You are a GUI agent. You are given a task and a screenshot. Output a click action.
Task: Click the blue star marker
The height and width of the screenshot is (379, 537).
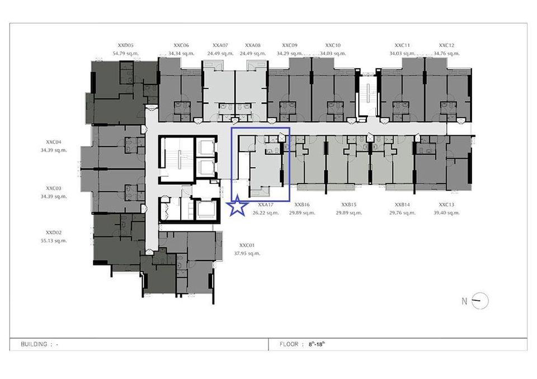(238, 206)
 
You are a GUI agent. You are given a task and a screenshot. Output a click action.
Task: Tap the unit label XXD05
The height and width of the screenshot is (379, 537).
(125, 45)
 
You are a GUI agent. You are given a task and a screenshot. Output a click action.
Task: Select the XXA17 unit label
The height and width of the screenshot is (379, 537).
(266, 205)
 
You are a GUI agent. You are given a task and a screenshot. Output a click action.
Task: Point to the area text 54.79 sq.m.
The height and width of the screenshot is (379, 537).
(125, 54)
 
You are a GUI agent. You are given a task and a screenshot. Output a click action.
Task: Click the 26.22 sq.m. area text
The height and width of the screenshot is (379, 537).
(266, 213)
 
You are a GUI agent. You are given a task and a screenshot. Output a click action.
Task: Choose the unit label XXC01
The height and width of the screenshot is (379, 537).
(247, 245)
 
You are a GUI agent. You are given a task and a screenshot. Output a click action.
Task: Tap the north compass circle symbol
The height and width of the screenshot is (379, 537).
(480, 301)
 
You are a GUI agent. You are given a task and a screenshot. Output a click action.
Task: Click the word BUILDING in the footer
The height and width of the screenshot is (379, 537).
(34, 344)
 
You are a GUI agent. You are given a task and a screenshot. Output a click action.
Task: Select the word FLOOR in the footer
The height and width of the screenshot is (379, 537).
(289, 344)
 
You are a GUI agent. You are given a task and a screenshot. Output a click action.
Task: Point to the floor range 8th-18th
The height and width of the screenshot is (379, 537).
(317, 344)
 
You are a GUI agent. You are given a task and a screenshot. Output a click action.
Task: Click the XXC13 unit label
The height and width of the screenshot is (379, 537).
(446, 205)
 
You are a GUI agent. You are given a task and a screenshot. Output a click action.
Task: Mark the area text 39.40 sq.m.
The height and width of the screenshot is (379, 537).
(446, 213)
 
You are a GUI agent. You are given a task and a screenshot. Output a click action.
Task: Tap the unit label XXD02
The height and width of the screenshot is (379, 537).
(54, 233)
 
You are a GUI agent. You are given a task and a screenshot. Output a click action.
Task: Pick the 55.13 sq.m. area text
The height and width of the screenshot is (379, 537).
(54, 241)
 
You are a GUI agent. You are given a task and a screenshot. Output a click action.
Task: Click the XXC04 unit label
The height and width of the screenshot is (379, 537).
(54, 142)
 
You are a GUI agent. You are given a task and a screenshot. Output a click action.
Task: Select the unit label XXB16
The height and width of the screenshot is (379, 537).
(302, 205)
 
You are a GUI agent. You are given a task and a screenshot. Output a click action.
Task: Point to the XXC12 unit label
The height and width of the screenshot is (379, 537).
(446, 45)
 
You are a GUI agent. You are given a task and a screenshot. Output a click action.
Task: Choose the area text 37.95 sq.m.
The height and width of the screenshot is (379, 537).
(247, 254)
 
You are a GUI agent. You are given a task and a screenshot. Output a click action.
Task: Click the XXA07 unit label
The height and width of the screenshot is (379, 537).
(220, 45)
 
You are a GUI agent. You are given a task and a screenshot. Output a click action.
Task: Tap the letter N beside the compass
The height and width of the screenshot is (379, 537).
(464, 301)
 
